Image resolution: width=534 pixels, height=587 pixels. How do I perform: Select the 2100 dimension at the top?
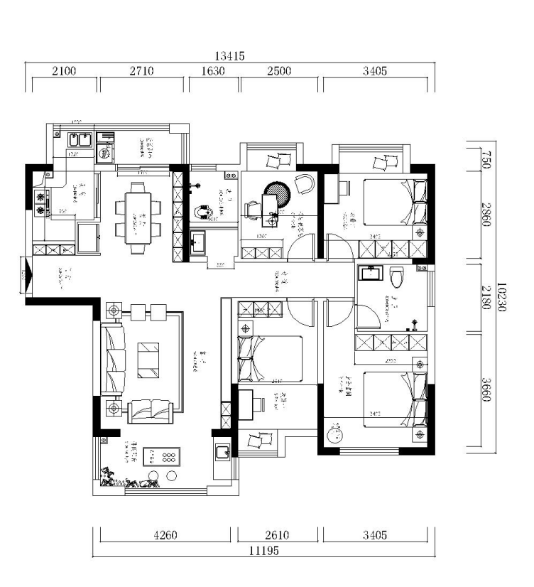tap(62, 70)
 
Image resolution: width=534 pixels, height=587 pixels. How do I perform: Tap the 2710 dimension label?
tap(143, 70)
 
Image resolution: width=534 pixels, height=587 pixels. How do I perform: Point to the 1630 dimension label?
tap(214, 70)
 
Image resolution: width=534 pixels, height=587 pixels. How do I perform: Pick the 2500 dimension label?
tap(280, 70)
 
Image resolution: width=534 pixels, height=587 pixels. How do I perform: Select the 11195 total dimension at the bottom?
tap(263, 551)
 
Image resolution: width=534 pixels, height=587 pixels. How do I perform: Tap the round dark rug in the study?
tap(278, 194)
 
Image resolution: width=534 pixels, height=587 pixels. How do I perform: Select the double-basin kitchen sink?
tap(78, 139)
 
